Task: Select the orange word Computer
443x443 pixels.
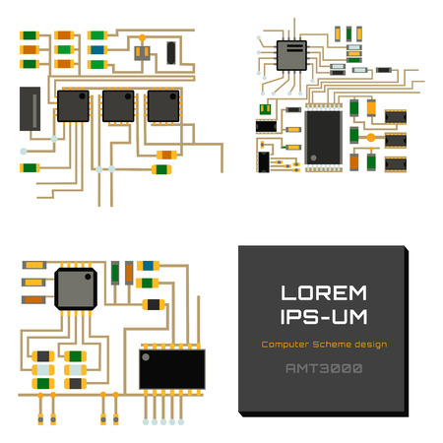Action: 285,345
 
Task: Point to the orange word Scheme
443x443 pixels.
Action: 334,345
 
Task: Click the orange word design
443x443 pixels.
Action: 372,345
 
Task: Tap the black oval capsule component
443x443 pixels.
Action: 171,51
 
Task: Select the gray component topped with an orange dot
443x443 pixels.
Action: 141,48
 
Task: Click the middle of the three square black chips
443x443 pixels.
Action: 118,106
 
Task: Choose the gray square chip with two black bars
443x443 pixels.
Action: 292,55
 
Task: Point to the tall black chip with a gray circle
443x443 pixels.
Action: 323,137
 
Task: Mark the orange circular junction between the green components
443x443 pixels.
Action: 371,138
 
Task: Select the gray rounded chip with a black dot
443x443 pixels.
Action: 77,288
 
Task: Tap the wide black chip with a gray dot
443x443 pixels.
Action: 171,367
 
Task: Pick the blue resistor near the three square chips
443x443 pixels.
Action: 97,49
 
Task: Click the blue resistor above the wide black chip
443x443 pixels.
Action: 150,265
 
